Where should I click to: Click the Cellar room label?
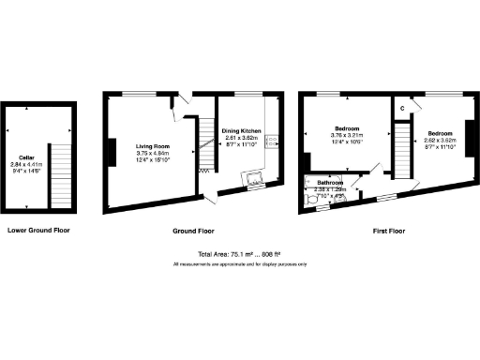coord(25,158)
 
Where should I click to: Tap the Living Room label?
coord(151,146)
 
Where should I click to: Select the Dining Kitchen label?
coord(241,130)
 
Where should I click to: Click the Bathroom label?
coord(329,182)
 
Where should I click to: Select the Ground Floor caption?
coord(193,230)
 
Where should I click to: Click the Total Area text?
coord(239,254)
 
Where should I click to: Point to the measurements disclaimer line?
coord(239,264)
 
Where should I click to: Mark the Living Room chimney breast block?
coord(112,152)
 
